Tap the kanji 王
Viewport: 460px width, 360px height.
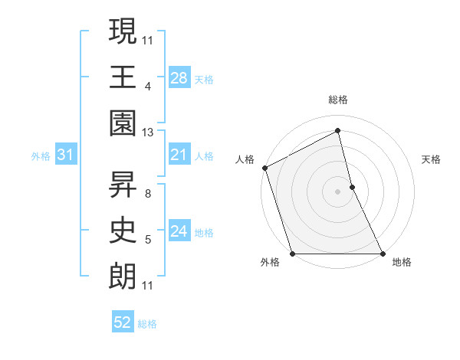(123, 77)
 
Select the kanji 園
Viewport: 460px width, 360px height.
(123, 123)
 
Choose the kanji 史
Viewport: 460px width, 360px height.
(123, 231)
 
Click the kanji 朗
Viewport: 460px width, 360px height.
(123, 277)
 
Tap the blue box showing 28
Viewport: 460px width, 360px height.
(179, 77)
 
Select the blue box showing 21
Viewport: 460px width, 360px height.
(179, 155)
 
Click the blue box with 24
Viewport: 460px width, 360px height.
(179, 231)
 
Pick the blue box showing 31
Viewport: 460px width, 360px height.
(66, 155)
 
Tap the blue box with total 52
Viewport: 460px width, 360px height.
(123, 322)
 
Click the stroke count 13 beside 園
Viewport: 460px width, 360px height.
(148, 132)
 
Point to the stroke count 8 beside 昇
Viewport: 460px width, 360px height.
(148, 185)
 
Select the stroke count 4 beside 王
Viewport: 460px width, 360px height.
(148, 87)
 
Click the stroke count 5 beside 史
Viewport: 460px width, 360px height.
(148, 241)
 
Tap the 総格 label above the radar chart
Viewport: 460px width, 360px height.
(338, 100)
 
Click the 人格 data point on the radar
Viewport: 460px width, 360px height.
(264, 168)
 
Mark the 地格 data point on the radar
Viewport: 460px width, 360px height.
(382, 253)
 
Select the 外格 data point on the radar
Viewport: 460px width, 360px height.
(293, 253)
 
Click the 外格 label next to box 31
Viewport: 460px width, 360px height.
(41, 155)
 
